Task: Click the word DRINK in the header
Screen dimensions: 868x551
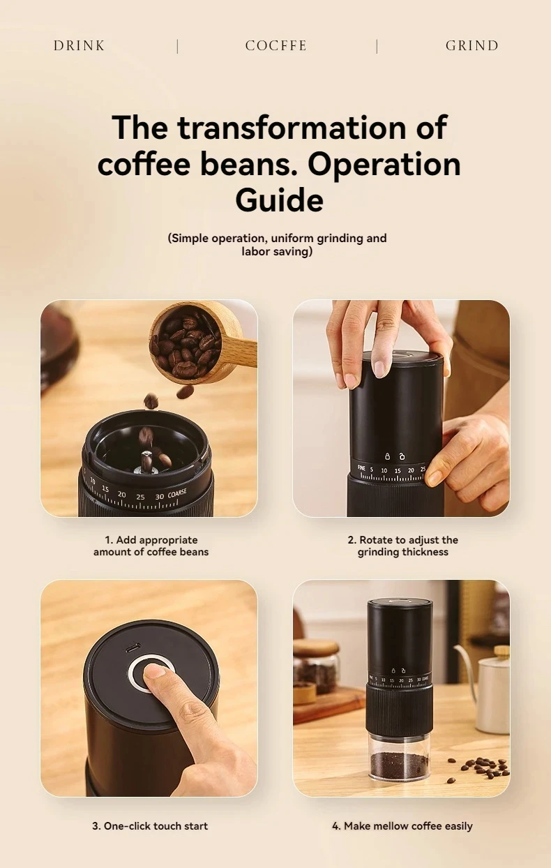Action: point(79,46)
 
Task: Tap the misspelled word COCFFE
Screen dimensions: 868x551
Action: point(275,46)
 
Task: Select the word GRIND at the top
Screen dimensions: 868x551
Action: point(472,46)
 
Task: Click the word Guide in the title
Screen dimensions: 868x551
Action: point(279,200)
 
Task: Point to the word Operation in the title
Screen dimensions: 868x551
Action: point(384,165)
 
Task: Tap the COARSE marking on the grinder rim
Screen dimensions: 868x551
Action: point(176,495)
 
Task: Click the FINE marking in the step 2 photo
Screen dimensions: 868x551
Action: point(361,468)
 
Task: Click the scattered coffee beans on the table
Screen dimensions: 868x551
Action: point(483,768)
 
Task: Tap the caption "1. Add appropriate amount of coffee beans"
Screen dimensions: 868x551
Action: point(151,546)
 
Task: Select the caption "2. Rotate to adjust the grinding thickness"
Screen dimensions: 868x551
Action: point(402,546)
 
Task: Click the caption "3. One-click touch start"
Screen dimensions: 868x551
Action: point(150,825)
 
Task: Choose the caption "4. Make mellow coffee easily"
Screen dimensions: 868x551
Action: point(402,825)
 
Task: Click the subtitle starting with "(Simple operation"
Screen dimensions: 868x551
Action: point(277,244)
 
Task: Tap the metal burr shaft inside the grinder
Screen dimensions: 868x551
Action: point(147,461)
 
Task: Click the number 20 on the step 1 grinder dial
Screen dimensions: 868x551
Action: point(122,494)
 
